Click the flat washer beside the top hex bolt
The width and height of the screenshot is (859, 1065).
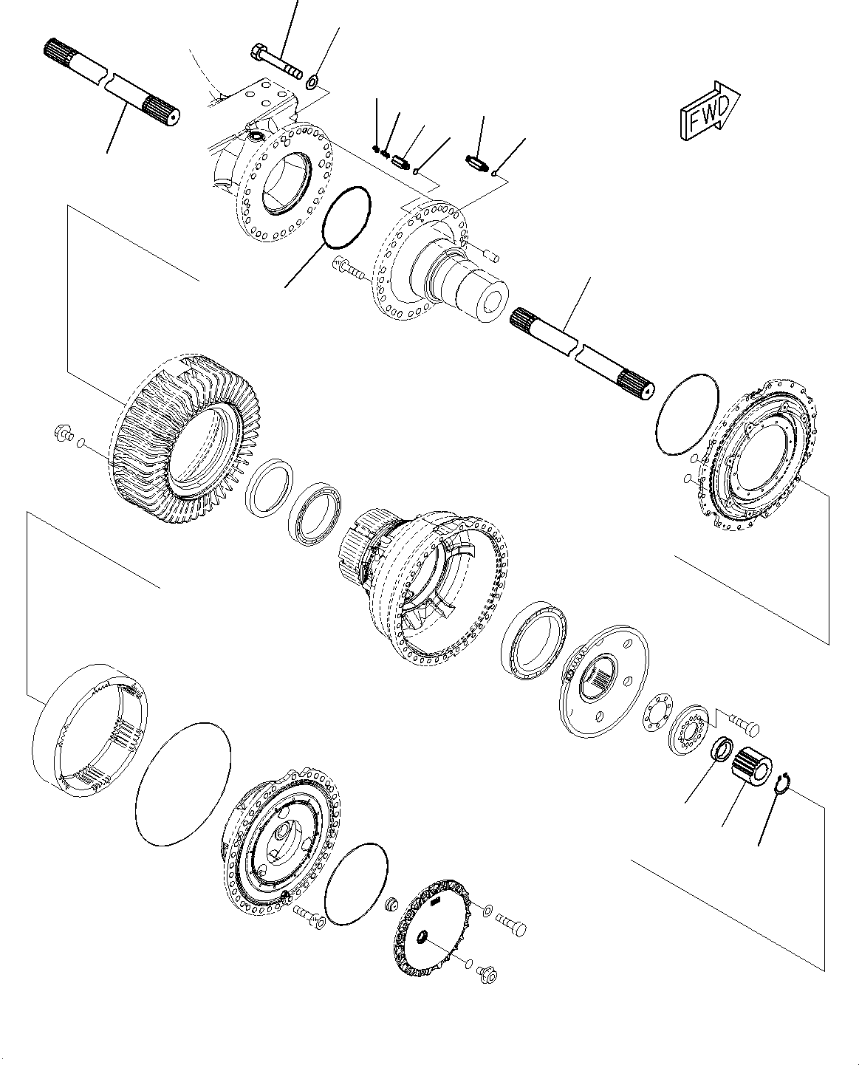(x=313, y=80)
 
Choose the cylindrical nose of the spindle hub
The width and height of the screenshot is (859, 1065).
(x=480, y=295)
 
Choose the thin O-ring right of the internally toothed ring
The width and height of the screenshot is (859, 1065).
(x=183, y=783)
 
